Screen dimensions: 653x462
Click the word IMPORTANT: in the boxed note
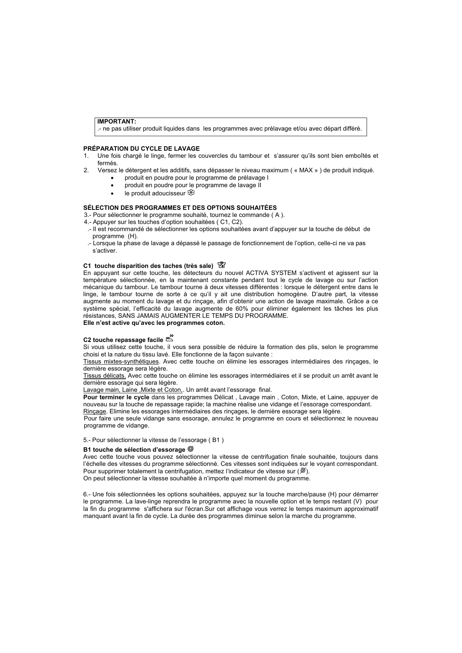click(117, 122)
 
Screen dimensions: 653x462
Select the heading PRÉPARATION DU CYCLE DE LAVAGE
click(141, 148)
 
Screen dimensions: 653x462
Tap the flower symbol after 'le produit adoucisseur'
click(191, 193)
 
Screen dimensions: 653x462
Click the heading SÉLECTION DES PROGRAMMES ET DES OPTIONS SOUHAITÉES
click(180, 208)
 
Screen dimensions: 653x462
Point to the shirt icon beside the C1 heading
click(222, 265)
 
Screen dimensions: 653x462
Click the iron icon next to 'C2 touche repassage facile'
click(170, 338)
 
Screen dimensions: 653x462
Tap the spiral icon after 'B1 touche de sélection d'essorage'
click(191, 449)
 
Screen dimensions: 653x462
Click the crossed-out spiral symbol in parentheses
click(303, 471)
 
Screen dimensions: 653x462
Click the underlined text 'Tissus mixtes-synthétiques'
click(121, 361)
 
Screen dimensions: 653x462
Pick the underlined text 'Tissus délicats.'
click(104, 375)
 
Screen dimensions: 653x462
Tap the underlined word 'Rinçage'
click(95, 411)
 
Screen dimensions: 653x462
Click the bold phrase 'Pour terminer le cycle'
click(116, 397)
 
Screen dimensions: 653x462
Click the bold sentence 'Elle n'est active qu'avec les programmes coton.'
click(154, 323)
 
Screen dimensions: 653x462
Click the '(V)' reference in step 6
click(357, 502)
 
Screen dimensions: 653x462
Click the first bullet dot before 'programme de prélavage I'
click(112, 178)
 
